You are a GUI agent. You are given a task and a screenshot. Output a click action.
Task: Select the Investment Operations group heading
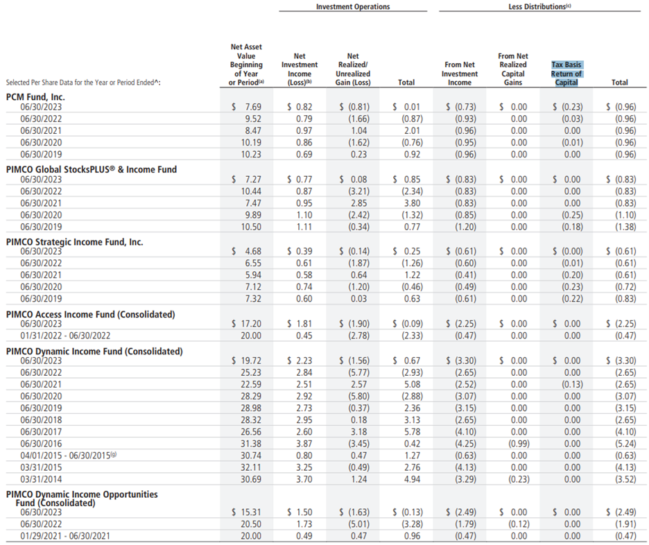[352, 6]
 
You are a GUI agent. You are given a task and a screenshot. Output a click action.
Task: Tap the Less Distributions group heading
[539, 6]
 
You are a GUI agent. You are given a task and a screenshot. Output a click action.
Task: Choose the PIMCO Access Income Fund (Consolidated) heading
[90, 314]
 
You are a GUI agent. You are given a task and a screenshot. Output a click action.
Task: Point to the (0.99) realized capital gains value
[514, 444]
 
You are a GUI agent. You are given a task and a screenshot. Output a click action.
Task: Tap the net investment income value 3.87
[303, 444]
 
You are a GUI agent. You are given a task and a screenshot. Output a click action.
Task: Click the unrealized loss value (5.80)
[356, 397]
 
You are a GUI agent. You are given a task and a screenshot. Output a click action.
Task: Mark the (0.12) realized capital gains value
[514, 524]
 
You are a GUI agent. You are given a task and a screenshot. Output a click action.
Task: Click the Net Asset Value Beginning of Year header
[246, 65]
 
